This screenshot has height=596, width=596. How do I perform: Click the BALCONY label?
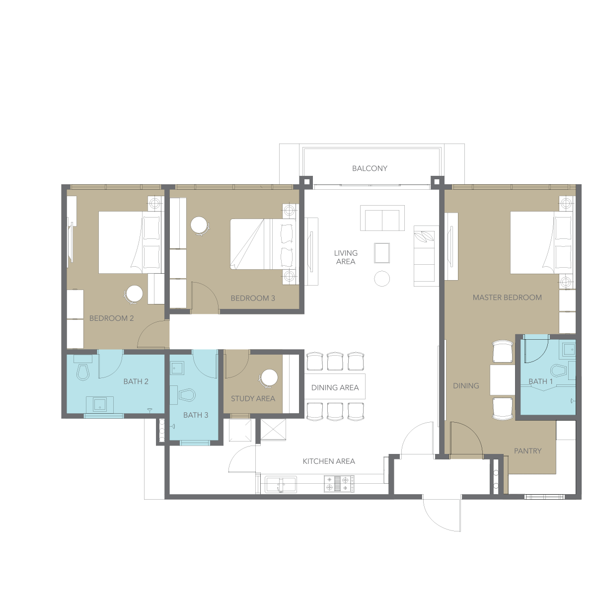370,168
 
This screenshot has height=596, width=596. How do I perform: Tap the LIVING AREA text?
346,257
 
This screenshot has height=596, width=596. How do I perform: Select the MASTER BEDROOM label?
507,298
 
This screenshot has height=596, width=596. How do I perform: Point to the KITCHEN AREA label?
329,461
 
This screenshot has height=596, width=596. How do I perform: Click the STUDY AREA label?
253,399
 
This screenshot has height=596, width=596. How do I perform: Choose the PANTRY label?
527,451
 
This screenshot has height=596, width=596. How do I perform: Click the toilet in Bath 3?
187,395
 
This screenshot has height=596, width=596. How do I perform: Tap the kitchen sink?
281,484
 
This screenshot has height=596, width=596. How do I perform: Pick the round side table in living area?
382,279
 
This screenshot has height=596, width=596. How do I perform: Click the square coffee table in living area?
382,253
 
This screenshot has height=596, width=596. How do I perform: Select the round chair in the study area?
269,378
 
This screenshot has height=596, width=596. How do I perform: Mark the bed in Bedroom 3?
263,244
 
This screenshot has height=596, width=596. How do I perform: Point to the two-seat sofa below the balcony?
382,218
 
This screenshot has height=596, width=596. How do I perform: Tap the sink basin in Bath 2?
100,405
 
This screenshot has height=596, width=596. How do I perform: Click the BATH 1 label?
541,381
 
